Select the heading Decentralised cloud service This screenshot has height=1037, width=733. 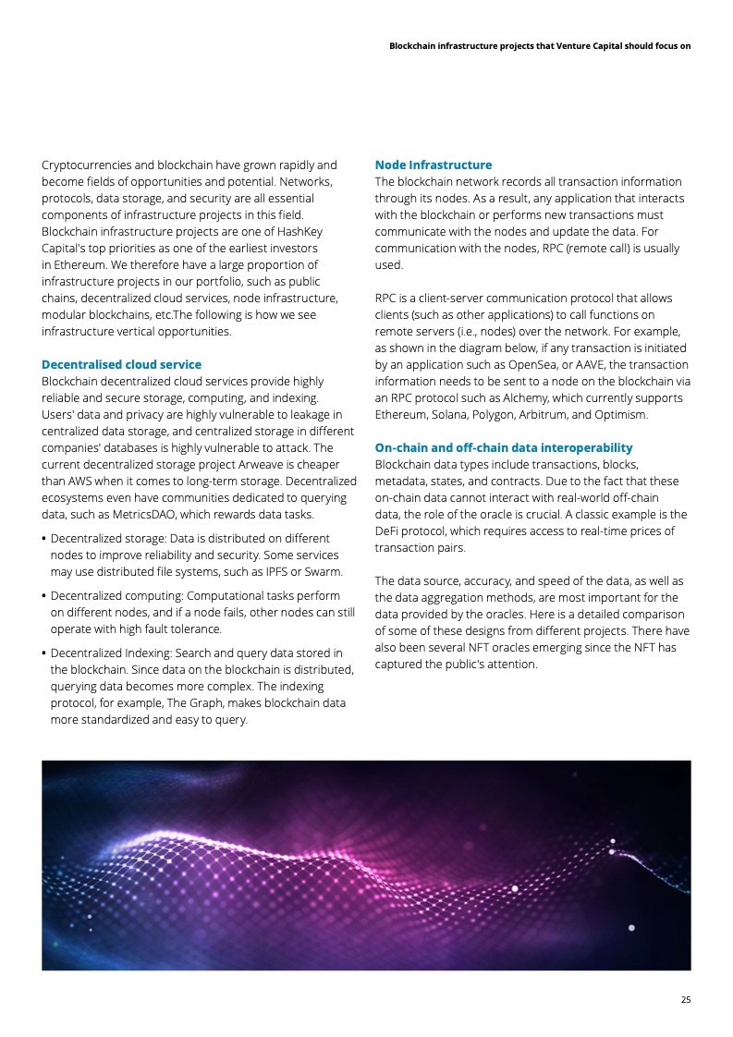[121, 364]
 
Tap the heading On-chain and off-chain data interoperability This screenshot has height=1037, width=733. [504, 447]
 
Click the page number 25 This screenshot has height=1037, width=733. [685, 999]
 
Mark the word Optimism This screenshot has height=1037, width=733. [625, 414]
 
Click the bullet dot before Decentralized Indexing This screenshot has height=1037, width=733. [44, 653]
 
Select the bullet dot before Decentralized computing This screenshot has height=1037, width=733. [44, 595]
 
